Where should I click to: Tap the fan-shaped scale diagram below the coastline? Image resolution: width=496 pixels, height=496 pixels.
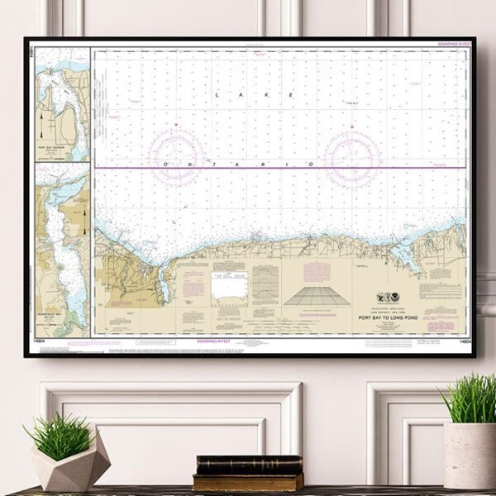[310, 296]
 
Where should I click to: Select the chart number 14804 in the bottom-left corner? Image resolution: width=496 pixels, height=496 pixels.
[41, 340]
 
